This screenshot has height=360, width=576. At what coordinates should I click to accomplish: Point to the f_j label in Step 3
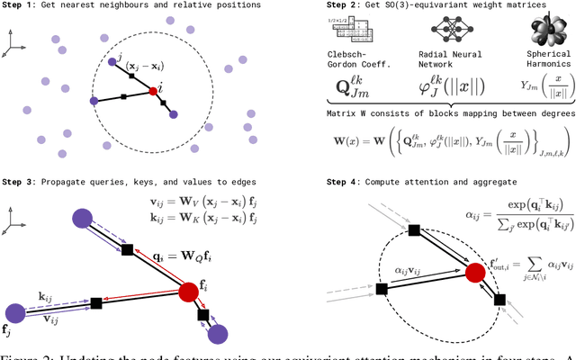(x=10, y=331)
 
